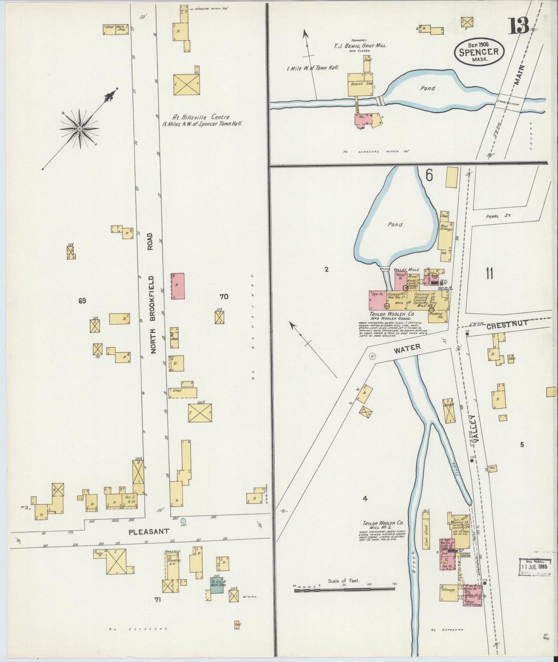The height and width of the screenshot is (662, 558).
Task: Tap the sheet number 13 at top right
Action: (518, 27)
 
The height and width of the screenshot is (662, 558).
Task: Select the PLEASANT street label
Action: (149, 531)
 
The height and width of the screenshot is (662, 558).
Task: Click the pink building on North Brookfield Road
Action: (178, 286)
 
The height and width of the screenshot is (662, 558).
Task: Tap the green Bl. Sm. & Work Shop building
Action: (217, 585)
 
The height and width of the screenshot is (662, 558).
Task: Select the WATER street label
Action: (407, 348)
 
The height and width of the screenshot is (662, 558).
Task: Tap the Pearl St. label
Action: (498, 216)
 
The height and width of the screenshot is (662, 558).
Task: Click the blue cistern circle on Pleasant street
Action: (183, 521)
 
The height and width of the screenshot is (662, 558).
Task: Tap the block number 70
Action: (224, 297)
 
